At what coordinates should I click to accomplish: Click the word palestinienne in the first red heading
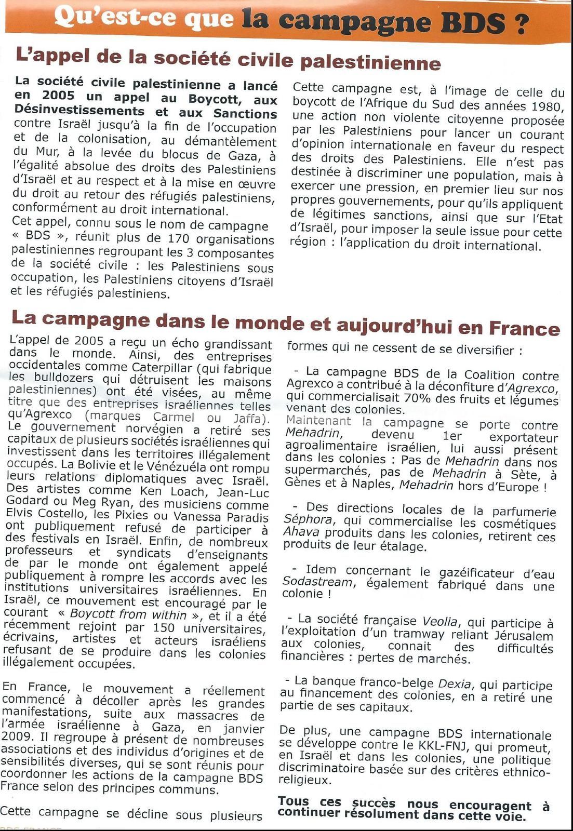click(x=371, y=62)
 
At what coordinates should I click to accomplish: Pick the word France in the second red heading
click(x=524, y=328)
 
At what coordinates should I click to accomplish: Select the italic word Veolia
click(x=439, y=621)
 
